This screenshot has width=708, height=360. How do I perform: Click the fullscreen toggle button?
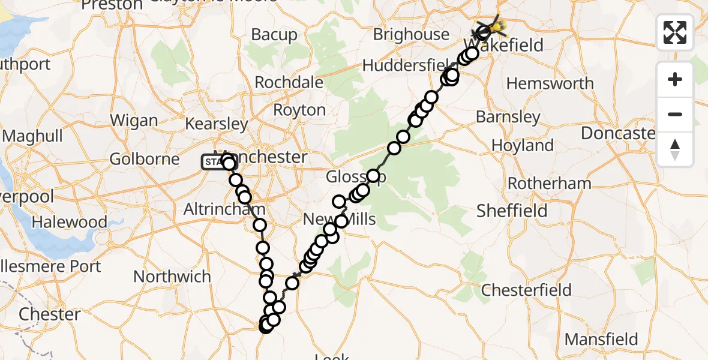click(x=675, y=32)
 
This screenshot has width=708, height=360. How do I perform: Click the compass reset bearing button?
click(x=675, y=149)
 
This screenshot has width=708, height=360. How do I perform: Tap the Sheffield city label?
click(x=512, y=211)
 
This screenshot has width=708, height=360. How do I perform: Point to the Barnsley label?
click(x=508, y=117)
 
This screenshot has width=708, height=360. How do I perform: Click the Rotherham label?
click(x=550, y=183)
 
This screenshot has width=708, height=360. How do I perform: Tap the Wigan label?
click(x=134, y=120)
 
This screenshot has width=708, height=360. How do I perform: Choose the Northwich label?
click(x=172, y=277)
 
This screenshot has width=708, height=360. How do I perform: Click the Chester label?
click(x=50, y=314)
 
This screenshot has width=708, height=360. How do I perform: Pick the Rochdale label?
click(x=290, y=82)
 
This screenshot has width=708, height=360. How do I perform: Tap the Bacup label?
click(x=274, y=35)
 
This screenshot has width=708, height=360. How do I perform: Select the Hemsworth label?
click(x=550, y=83)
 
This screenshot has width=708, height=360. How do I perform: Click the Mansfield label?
click(x=601, y=339)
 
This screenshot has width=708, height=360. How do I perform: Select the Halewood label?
click(x=69, y=222)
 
